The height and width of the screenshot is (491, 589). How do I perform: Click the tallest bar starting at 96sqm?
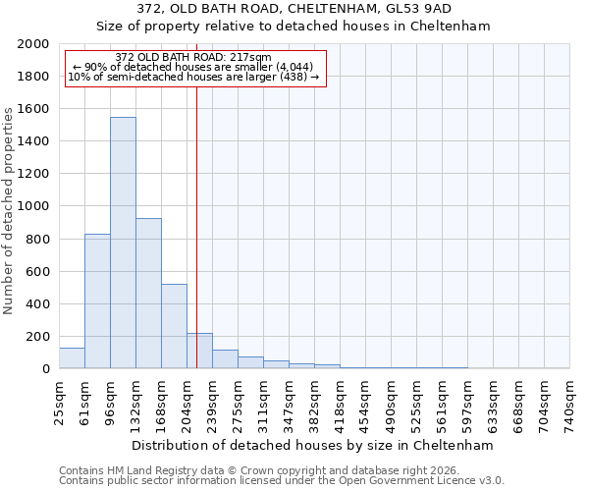coord(123,244)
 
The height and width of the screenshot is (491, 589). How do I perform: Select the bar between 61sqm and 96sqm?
coord(97,301)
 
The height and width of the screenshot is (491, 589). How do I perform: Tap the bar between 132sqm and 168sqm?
coord(148,294)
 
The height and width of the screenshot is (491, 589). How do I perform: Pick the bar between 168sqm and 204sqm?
coord(174,327)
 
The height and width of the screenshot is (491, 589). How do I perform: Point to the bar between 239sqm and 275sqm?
coord(225,359)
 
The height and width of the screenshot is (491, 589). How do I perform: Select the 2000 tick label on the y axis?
coord(33,44)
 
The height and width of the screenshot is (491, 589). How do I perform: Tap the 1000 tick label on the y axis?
coord(33,207)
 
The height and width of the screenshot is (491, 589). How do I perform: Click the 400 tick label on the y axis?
coord(37,304)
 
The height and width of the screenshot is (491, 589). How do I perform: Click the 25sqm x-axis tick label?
coord(59,401)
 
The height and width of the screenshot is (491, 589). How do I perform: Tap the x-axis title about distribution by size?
coord(314,445)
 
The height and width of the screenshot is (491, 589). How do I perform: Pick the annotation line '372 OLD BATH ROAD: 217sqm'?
coord(192,58)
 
